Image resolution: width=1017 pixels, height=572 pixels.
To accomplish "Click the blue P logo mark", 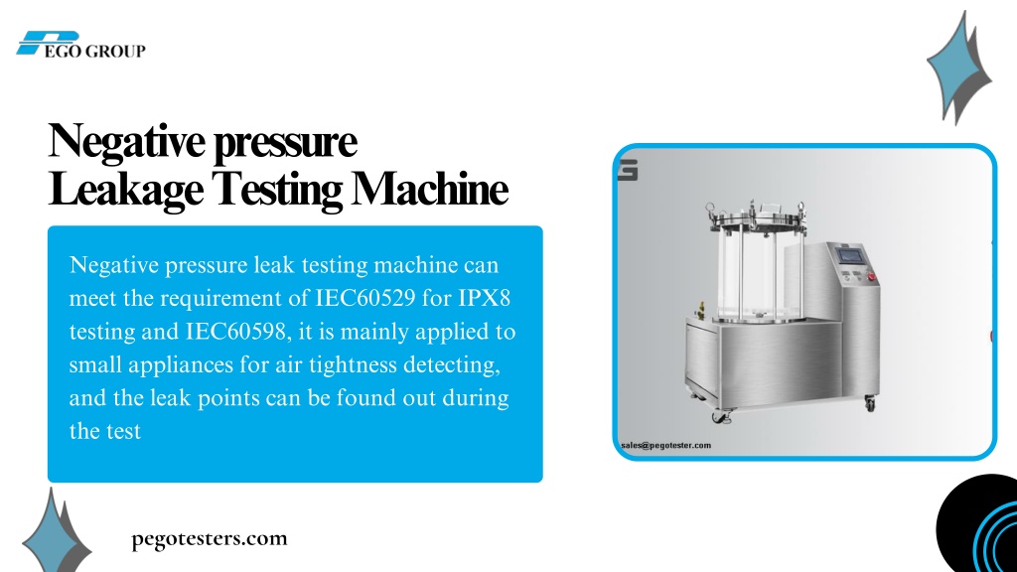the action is point(48,42).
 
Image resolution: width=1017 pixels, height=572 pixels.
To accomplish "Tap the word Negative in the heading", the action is point(126,141).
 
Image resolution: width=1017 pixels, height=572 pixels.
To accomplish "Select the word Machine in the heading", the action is point(429,190).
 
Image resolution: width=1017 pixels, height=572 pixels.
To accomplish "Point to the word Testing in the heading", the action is point(277,191).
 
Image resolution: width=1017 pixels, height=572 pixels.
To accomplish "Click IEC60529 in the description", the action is point(365,298).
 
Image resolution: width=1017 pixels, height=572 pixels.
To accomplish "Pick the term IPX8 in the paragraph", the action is point(484,298).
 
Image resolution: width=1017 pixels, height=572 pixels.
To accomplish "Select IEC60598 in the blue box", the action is point(238,332).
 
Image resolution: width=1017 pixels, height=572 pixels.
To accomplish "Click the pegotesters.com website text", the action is point(209,539).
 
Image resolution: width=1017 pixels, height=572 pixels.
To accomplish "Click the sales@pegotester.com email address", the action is point(666,446).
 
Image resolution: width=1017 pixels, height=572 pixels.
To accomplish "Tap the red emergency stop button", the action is point(872,277).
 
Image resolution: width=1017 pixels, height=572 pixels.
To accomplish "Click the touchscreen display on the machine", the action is point(850,255).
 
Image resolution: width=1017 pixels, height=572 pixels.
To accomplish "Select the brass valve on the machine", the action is point(700,310).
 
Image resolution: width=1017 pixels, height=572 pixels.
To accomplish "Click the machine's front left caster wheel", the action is point(720,417).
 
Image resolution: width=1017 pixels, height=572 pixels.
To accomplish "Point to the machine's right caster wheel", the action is point(870,403).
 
